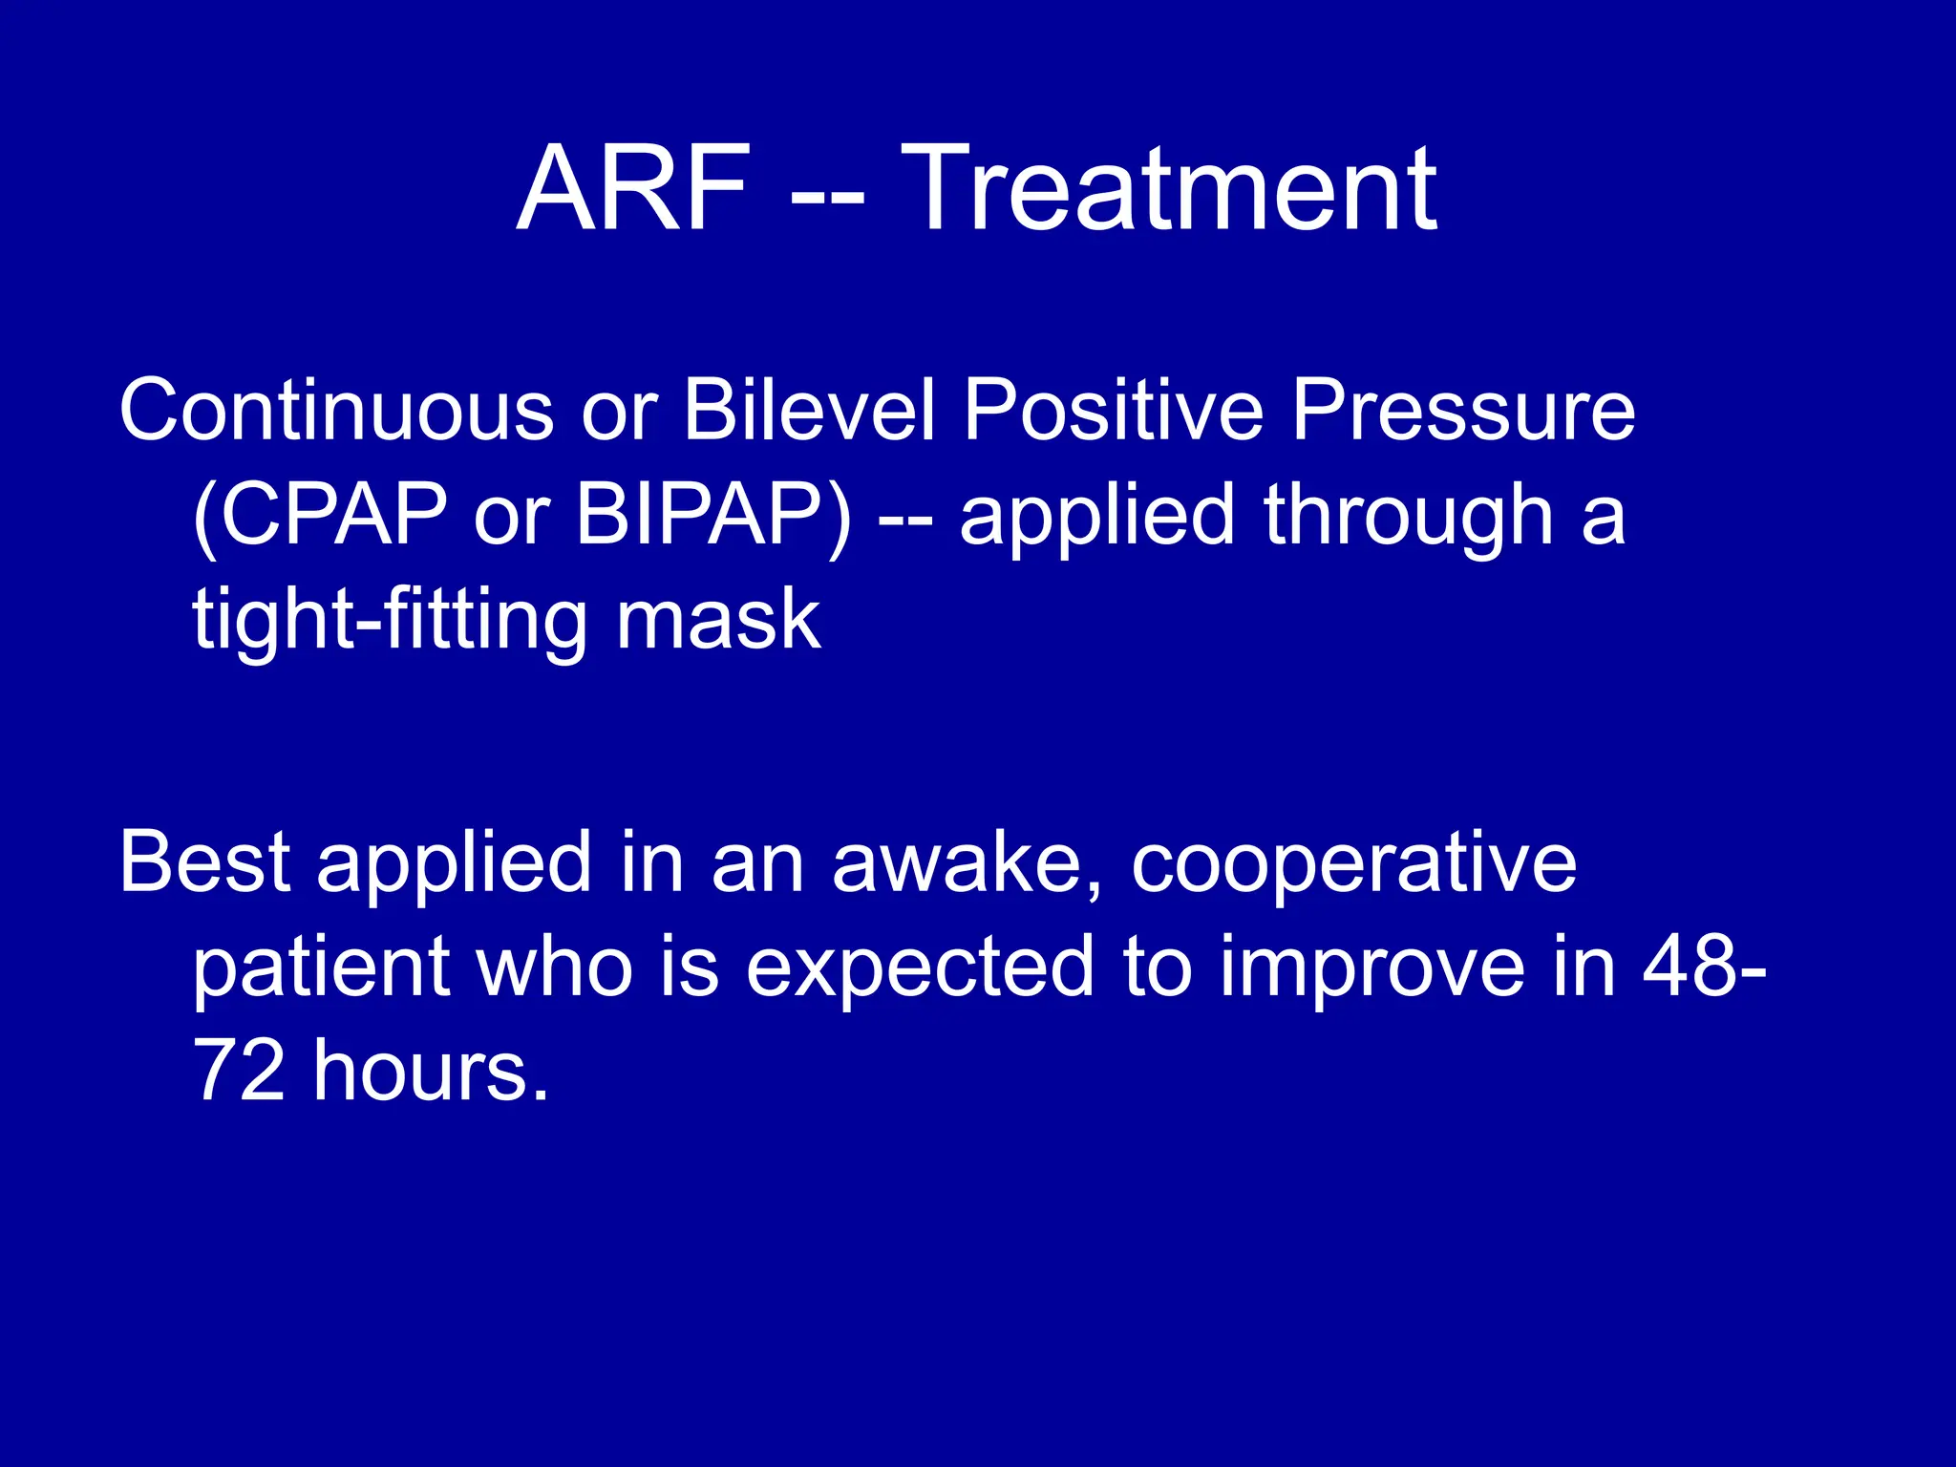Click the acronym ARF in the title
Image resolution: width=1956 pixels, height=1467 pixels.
(x=633, y=188)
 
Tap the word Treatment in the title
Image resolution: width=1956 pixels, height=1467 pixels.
(x=1168, y=188)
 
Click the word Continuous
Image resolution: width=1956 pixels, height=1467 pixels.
(x=336, y=411)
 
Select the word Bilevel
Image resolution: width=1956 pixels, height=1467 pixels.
(x=809, y=411)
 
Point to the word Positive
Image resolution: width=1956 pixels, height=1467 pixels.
(x=1114, y=411)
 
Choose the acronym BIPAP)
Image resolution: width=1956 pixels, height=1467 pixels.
(x=712, y=516)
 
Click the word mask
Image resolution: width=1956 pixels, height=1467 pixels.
(x=718, y=621)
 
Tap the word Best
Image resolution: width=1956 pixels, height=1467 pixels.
(x=204, y=862)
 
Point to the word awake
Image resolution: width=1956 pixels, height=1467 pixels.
(x=967, y=862)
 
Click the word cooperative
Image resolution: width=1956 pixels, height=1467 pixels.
(x=1353, y=862)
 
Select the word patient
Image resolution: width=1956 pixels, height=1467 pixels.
(x=321, y=967)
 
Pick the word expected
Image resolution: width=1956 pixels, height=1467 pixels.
(x=919, y=967)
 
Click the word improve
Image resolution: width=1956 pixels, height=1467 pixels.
(x=1372, y=967)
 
